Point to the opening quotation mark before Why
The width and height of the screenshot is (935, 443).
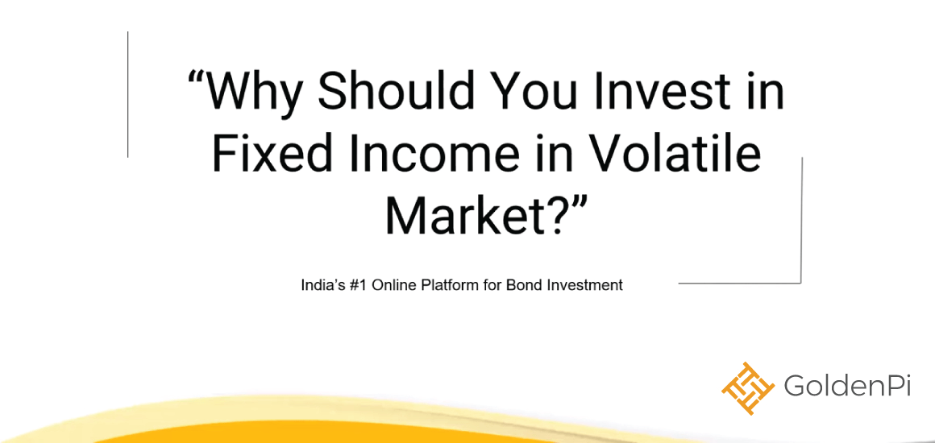pos(196,77)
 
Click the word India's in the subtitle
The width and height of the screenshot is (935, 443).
pos(320,285)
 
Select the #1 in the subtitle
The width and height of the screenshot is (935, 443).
pos(351,285)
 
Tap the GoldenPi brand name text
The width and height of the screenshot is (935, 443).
pos(847,387)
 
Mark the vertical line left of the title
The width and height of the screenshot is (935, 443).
pos(127,94)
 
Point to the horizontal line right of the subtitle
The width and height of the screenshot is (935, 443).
pos(740,283)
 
